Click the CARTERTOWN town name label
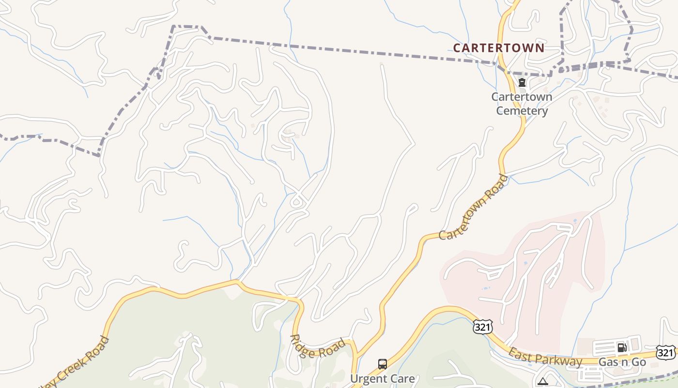(499, 48)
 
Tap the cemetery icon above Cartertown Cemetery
(522, 83)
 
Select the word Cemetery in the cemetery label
(522, 111)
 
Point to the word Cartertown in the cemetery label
(522, 97)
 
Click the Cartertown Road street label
(474, 207)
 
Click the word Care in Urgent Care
(403, 379)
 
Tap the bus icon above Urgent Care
(383, 364)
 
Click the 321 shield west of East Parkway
(483, 327)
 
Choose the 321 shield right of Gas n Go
(666, 353)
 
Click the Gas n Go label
(622, 362)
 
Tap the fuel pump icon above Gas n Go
(622, 347)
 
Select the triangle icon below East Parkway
(543, 382)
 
